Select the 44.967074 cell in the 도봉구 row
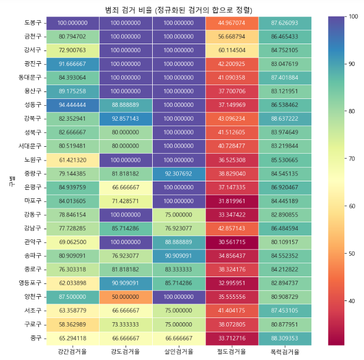pos(232,23)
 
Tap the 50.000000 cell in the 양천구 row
pos(126,296)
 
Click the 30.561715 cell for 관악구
pos(232,241)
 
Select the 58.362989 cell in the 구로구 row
pos(72,324)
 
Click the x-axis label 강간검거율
pos(72,351)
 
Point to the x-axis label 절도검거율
pos(232,351)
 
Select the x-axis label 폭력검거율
pos(285,351)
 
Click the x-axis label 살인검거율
pos(179,351)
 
